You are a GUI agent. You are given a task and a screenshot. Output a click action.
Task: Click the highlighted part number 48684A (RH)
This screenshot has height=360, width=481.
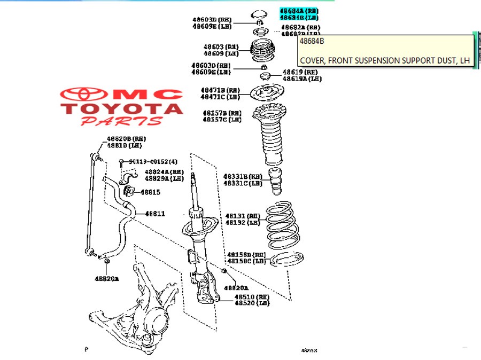[299, 11]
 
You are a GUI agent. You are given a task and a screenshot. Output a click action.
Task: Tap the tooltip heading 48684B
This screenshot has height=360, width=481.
[312, 41]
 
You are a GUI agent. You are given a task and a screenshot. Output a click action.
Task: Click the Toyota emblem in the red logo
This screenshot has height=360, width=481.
[84, 95]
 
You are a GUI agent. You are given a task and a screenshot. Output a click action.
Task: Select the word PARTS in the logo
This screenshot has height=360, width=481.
[121, 121]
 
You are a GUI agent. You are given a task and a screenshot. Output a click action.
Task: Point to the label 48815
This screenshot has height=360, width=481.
[150, 192]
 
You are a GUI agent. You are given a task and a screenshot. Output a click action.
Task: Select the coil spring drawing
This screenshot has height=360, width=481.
[281, 224]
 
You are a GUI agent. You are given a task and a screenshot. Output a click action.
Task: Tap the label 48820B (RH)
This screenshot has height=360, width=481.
[126, 139]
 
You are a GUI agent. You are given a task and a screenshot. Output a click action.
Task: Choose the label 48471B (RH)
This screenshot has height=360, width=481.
[221, 90]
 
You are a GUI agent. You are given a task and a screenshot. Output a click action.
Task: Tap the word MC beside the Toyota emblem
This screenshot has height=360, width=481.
[148, 95]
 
